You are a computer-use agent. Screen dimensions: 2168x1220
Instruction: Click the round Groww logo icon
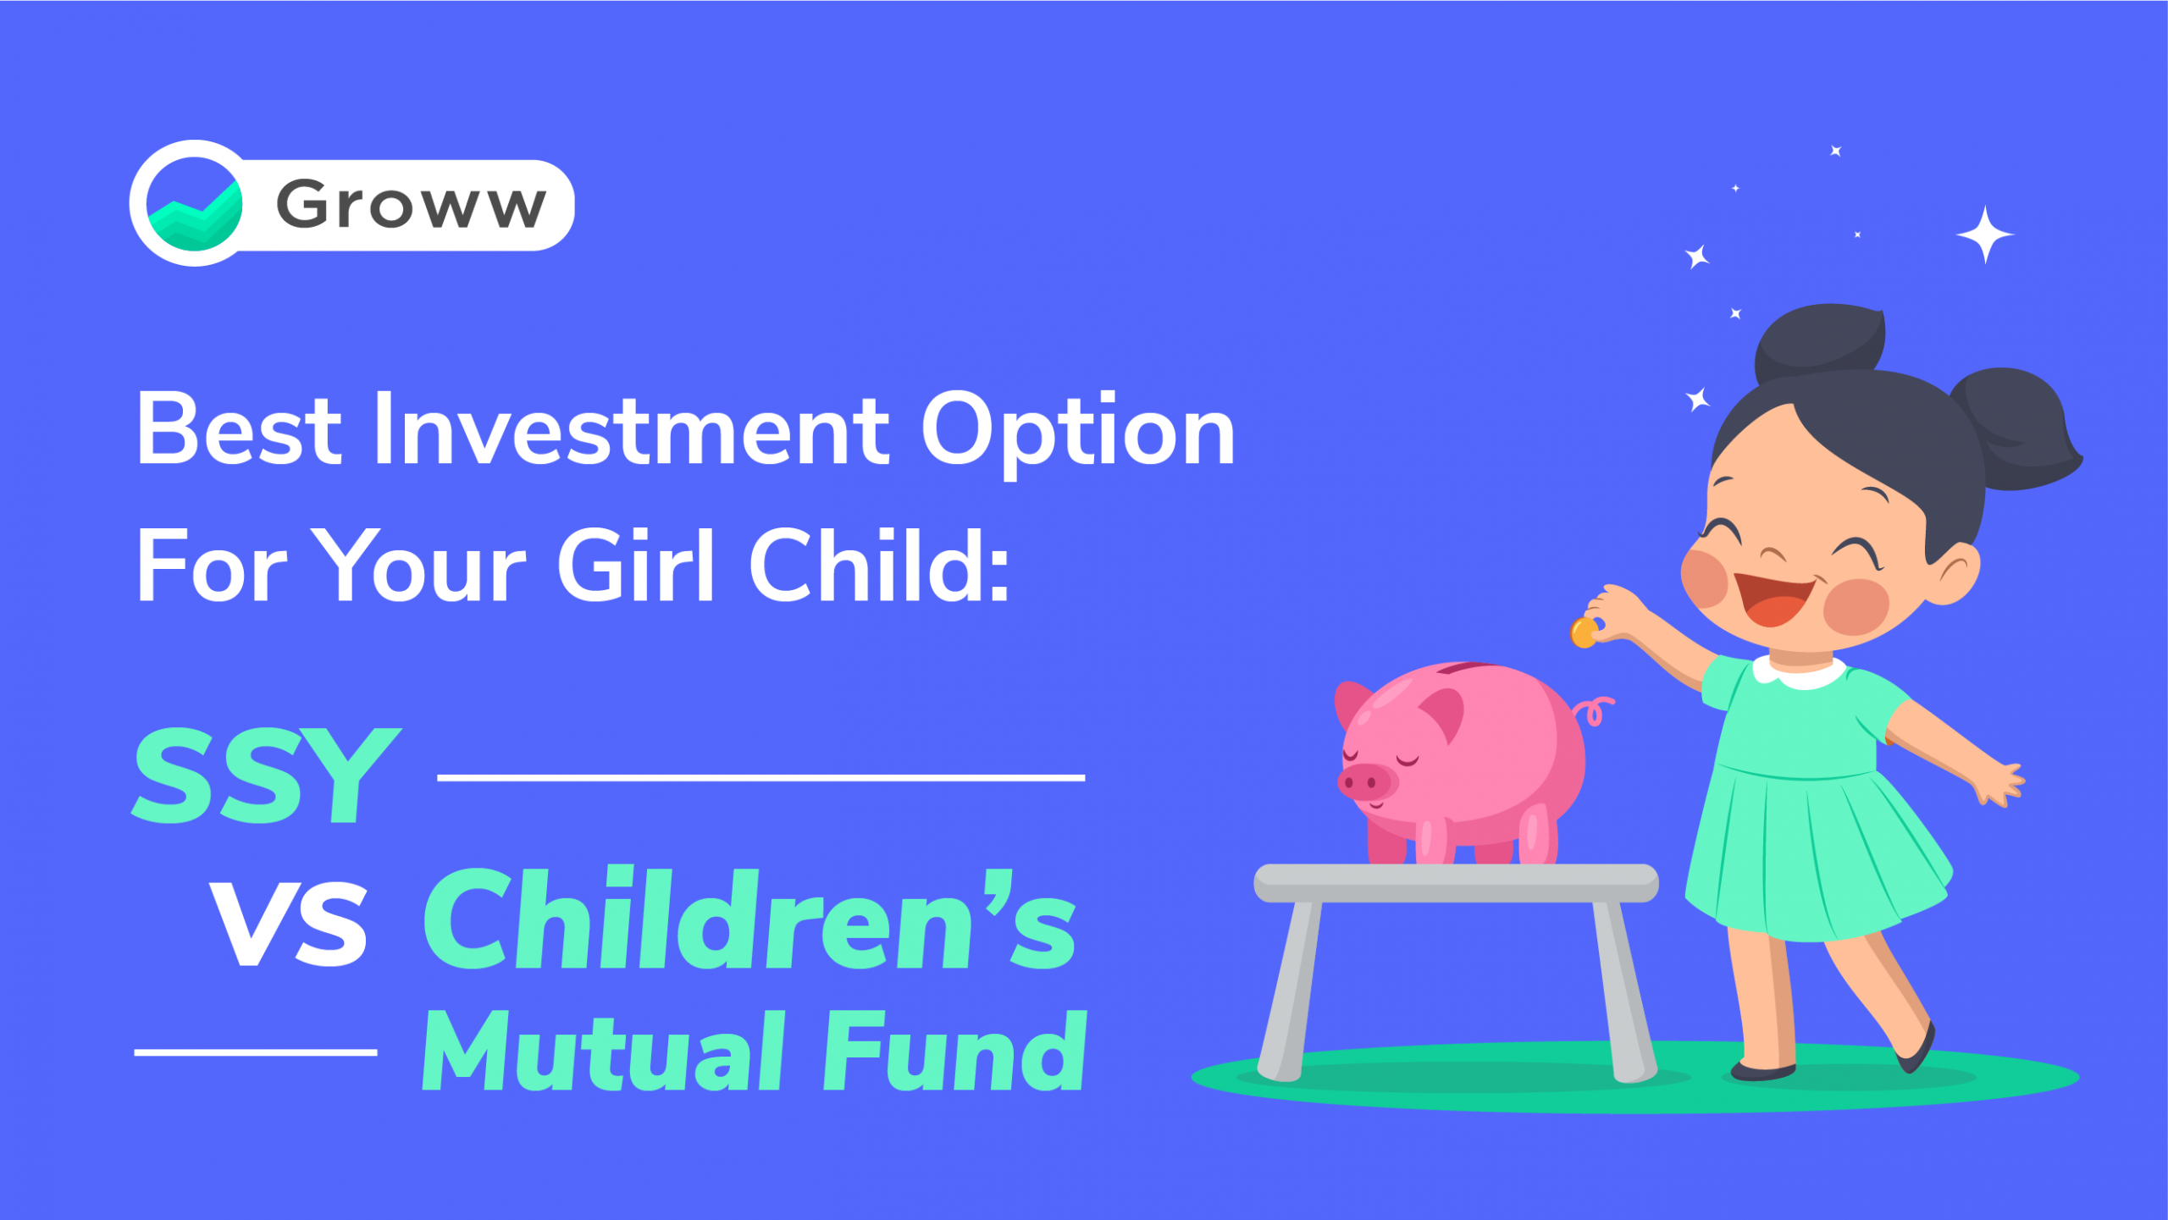click(195, 204)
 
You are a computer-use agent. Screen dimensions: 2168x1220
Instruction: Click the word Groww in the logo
click(411, 204)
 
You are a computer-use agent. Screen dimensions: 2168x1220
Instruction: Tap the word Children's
click(749, 919)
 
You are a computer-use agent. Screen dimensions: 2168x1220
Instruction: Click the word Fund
click(954, 1050)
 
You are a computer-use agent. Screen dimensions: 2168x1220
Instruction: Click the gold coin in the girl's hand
click(1584, 632)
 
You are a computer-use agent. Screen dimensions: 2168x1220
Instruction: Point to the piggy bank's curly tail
click(1594, 710)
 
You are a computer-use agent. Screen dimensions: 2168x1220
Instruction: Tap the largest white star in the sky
click(1984, 235)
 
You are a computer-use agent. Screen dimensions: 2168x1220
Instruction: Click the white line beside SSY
click(760, 777)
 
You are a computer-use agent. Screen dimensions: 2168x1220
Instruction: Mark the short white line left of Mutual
click(255, 1052)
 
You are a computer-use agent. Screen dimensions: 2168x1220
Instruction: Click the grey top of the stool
click(1456, 883)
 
